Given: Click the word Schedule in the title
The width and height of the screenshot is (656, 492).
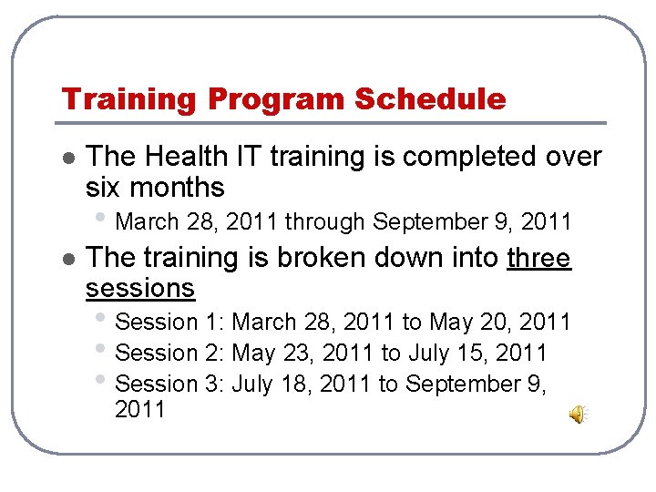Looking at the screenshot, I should coord(430,98).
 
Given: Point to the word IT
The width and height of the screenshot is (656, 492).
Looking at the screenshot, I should coord(246,157).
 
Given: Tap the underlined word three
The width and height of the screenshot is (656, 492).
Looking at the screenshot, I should coord(538,258).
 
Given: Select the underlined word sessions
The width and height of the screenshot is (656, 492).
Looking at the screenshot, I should coord(140,289).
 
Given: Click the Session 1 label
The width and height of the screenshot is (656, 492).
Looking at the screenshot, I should coord(171,322).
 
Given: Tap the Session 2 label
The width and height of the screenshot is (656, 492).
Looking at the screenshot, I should coord(171,353).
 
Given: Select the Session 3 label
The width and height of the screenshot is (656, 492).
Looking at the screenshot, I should coord(171,384).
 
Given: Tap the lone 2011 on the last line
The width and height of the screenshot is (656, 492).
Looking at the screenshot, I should coord(140,410).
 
